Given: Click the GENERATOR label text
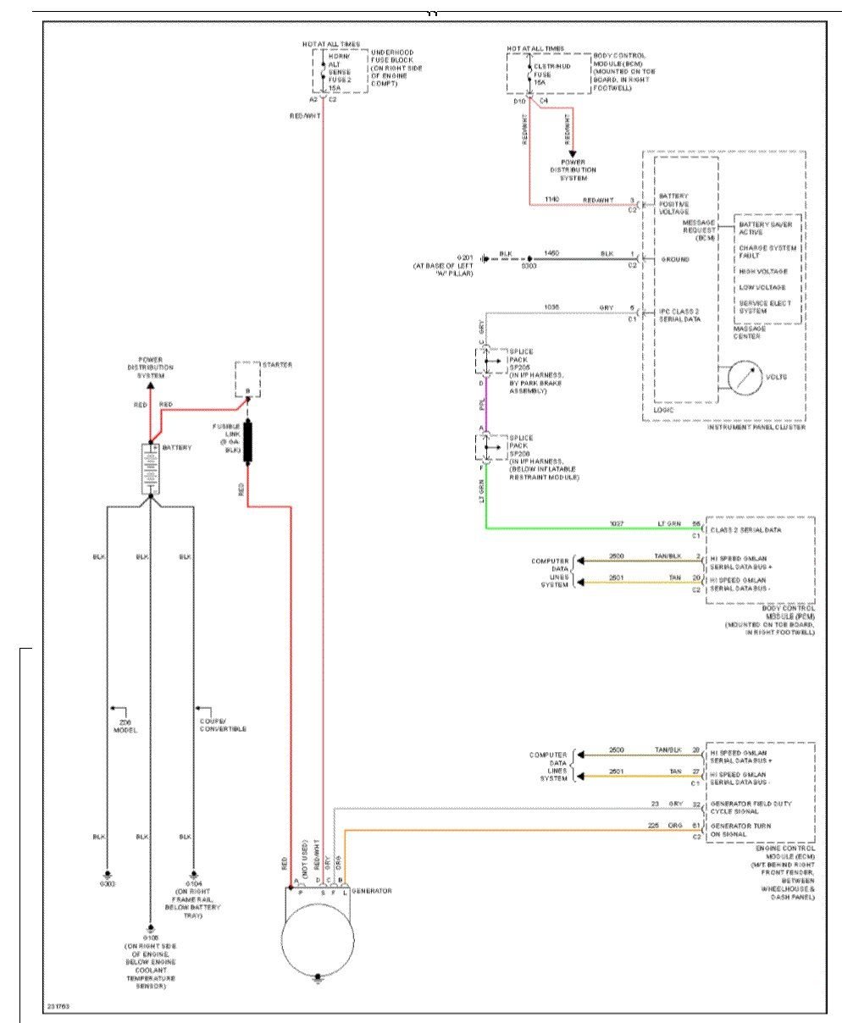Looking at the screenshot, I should [371, 891].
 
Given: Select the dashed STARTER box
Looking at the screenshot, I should [247, 378].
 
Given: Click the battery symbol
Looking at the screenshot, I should [150, 467].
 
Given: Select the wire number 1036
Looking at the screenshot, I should [553, 307].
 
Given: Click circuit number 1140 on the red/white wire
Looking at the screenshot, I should [553, 199].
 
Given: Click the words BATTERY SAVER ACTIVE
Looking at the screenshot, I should [762, 228].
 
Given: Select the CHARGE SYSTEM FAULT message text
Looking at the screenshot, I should [762, 252].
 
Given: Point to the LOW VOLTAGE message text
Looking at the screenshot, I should [762, 287].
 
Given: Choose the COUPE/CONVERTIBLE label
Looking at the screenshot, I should [223, 726].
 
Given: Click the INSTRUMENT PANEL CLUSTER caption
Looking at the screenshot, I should [756, 429].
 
